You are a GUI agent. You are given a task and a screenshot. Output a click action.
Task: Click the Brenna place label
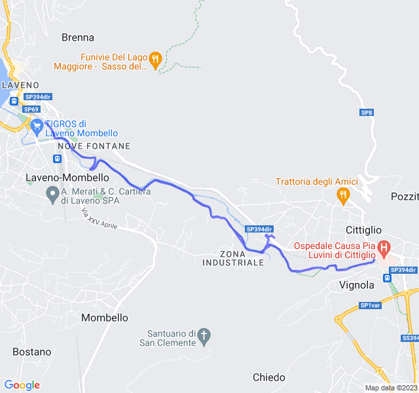78,37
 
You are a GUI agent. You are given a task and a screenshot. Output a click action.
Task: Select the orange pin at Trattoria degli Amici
342,194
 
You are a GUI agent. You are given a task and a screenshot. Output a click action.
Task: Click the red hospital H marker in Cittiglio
384,249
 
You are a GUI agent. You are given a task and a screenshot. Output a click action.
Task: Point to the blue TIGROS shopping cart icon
37,124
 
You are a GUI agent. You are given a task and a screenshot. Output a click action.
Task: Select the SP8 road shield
367,113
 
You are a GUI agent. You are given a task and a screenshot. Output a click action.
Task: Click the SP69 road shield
31,109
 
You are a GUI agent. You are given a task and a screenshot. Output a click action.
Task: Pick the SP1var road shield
370,305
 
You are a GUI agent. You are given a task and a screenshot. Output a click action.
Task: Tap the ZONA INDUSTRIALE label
233,257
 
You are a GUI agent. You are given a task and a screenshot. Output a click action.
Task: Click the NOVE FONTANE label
99,146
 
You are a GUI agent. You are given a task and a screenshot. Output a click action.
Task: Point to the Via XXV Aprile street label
100,219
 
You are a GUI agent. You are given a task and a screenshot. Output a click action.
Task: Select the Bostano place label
31,352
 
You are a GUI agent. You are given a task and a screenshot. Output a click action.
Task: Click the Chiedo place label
269,377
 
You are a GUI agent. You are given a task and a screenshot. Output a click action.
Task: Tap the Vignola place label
357,285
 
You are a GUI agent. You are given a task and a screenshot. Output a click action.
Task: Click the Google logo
22,385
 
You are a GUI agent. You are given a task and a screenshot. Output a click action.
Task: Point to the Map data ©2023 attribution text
390,388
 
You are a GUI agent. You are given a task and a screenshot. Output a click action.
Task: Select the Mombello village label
104,318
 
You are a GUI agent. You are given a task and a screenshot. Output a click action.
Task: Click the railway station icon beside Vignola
388,277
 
